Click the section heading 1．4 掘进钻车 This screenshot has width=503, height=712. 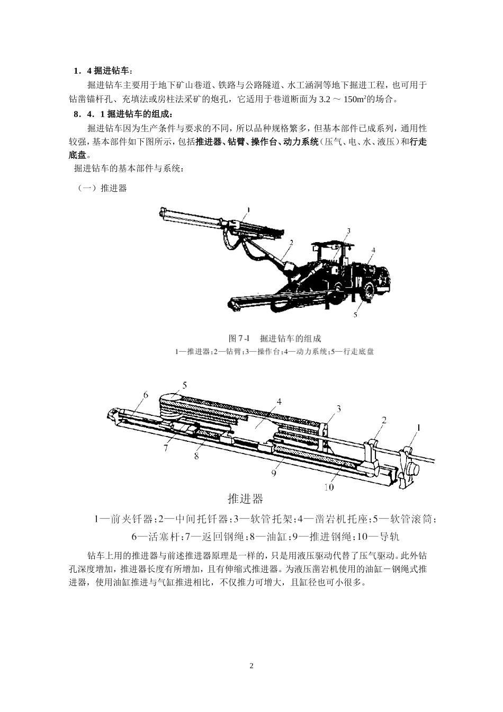(x=104, y=71)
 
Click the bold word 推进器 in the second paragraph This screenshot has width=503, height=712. (x=208, y=142)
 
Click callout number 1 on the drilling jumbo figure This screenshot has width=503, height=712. (x=248, y=209)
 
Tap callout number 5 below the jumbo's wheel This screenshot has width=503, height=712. (x=355, y=315)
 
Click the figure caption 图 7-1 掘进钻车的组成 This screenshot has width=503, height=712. (x=274, y=339)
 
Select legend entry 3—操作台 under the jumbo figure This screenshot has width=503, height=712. (x=264, y=351)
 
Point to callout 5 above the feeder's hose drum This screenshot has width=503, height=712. (x=185, y=385)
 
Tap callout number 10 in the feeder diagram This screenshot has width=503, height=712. (x=329, y=487)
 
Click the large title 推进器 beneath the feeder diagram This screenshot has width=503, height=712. (x=245, y=499)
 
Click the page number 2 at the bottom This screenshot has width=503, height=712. (x=251, y=666)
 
